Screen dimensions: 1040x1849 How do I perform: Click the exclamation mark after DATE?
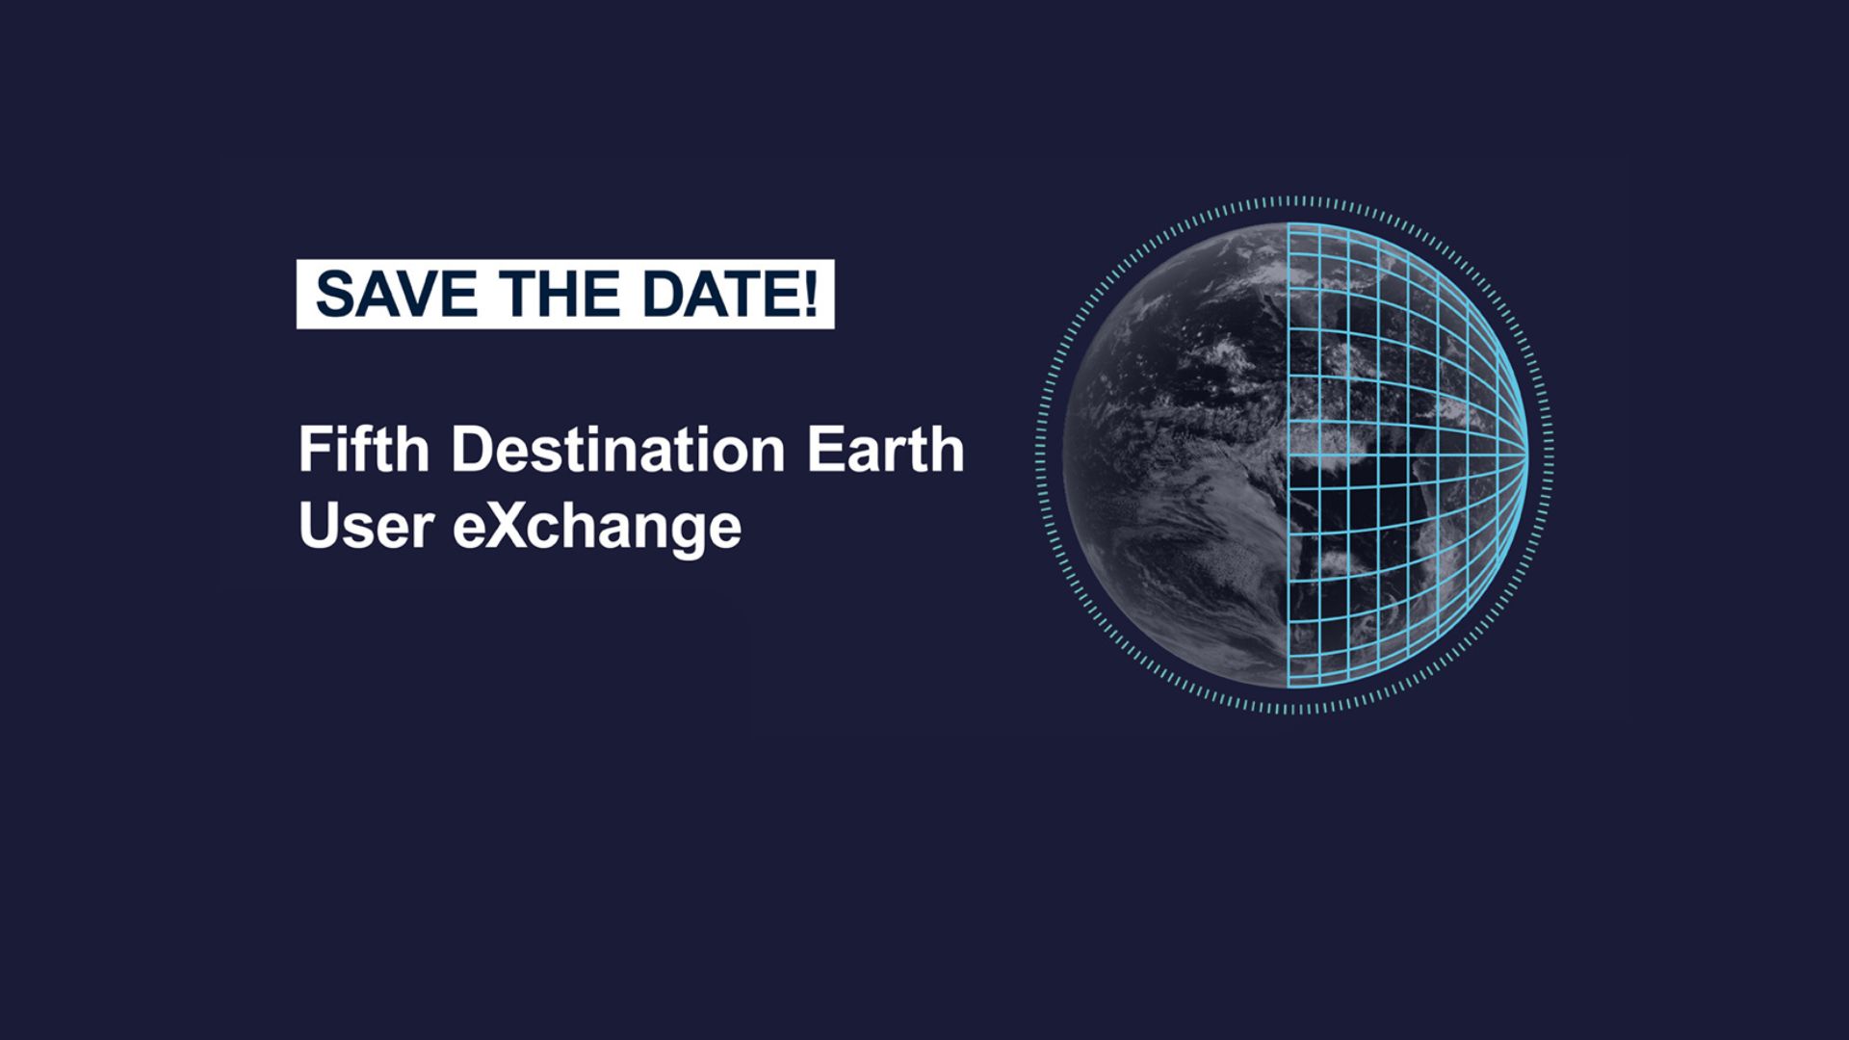click(x=810, y=294)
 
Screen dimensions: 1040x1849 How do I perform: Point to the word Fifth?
click(x=363, y=450)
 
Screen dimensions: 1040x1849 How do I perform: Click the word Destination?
click(x=618, y=450)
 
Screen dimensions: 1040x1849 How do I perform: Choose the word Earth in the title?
click(x=885, y=450)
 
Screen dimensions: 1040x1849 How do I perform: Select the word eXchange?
click(x=597, y=528)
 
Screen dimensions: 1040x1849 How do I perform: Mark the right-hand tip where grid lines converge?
click(x=1528, y=454)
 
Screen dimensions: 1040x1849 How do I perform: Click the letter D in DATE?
click(x=664, y=294)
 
